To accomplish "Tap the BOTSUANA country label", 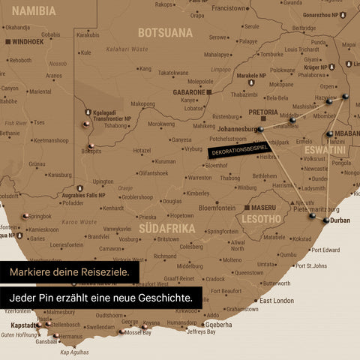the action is click(165, 32).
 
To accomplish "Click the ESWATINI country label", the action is click(325, 150).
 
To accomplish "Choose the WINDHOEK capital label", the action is click(28, 42).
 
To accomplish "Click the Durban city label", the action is click(340, 221).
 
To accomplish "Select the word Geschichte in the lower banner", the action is click(159, 298).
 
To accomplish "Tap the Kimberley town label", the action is click(198, 193).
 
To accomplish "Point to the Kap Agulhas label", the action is click(74, 352).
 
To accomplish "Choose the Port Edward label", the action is click(325, 250).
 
